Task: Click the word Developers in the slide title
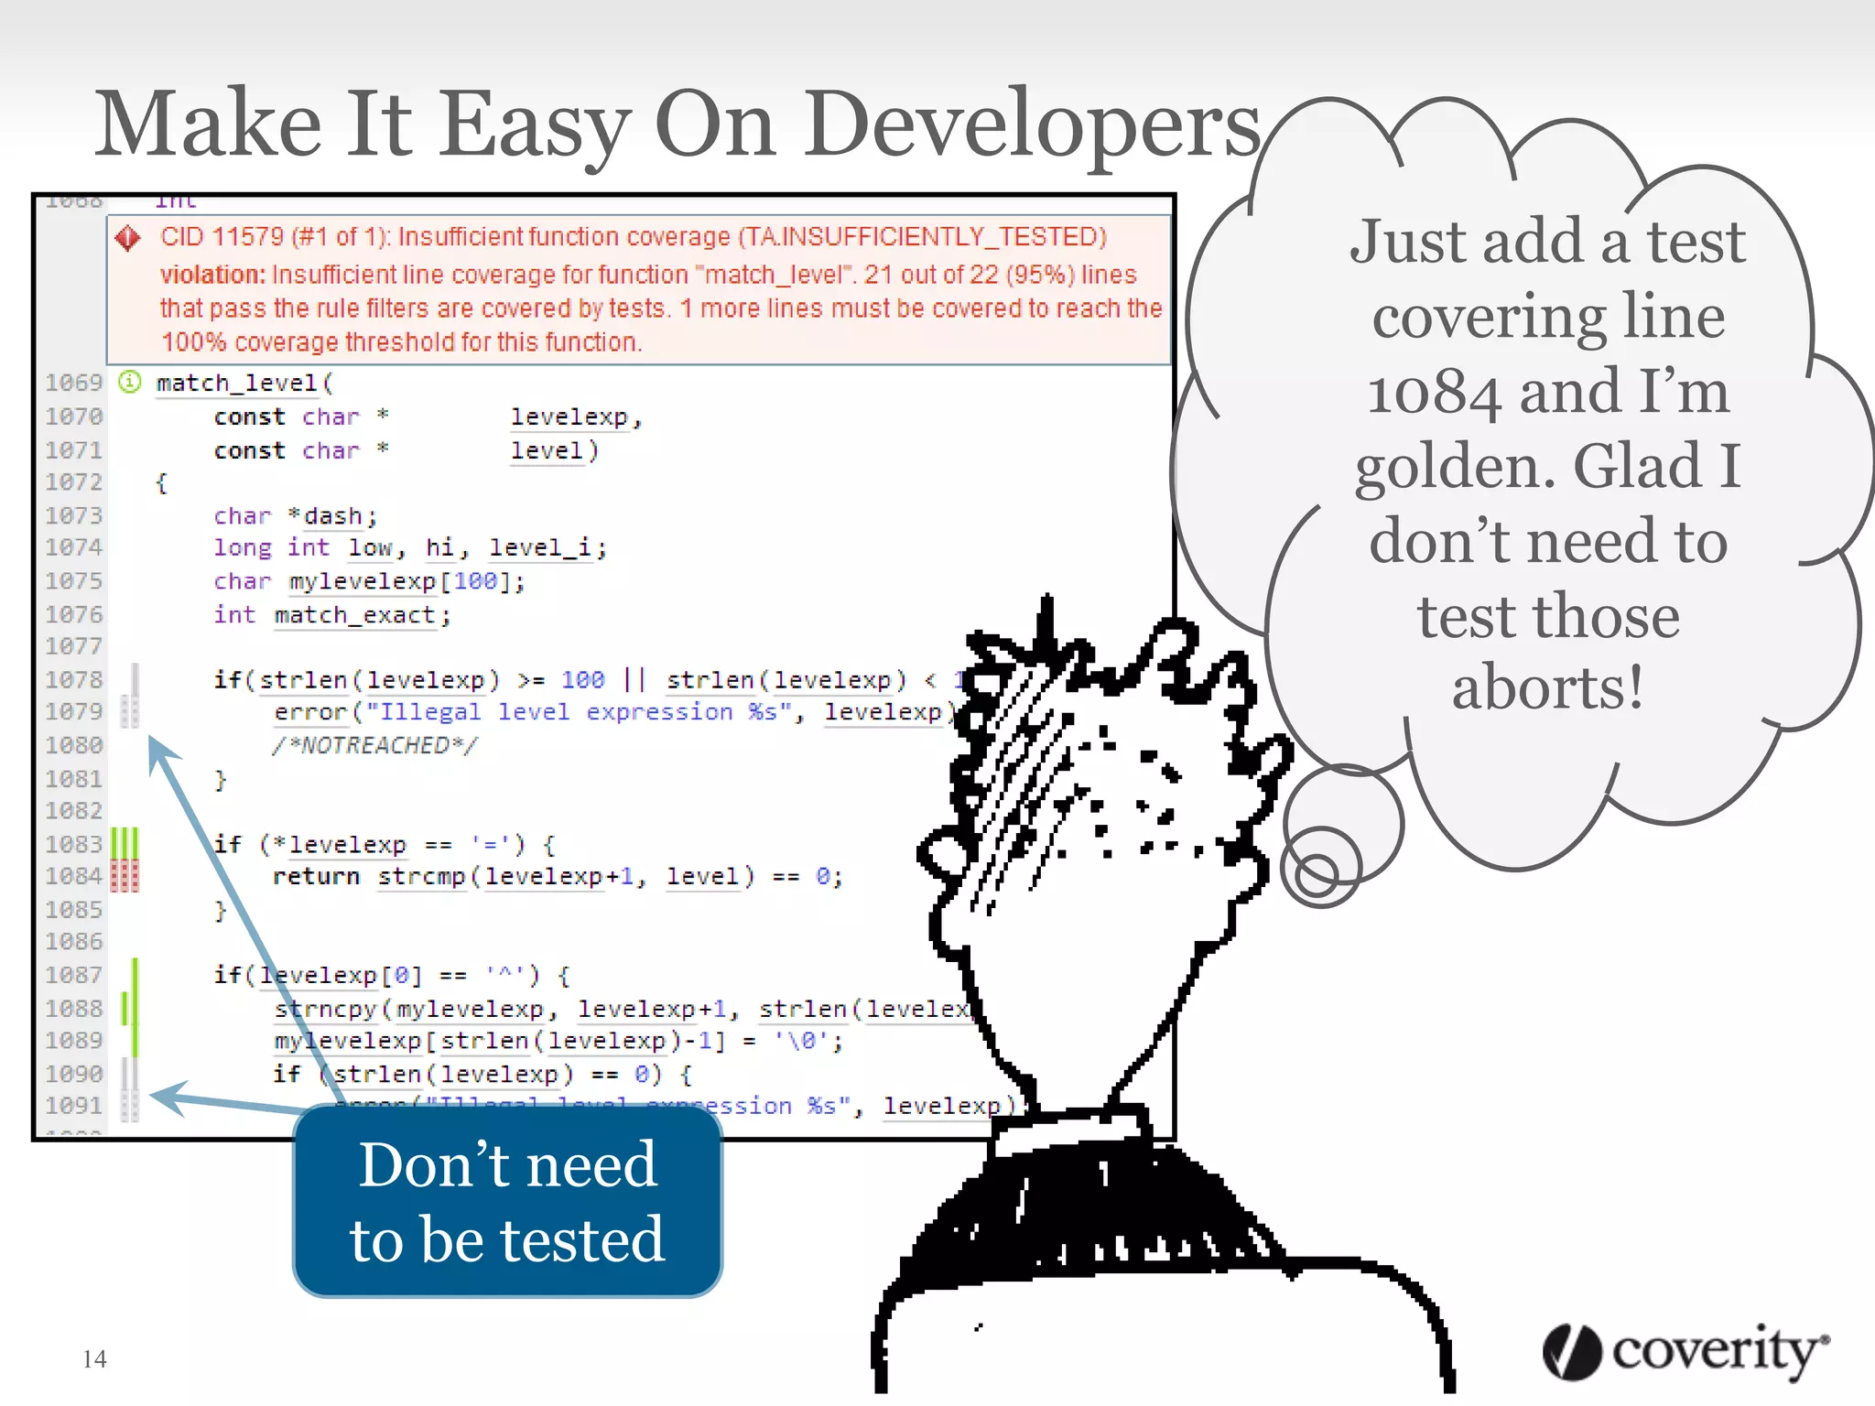pyautogui.click(x=1033, y=126)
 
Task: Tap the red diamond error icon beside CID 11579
pyautogui.click(x=128, y=239)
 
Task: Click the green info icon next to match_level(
pyautogui.click(x=130, y=382)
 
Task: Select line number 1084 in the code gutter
pyautogui.click(x=73, y=877)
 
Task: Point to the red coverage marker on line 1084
pyautogui.click(x=125, y=877)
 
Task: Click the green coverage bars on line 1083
pyautogui.click(x=125, y=843)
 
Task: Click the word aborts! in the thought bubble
pyautogui.click(x=1548, y=688)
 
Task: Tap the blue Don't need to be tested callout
pyautogui.click(x=507, y=1201)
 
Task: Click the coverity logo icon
pyautogui.click(x=1571, y=1351)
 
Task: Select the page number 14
pyautogui.click(x=94, y=1359)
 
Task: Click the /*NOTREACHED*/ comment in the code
pyautogui.click(x=374, y=746)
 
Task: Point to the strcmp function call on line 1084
pyautogui.click(x=422, y=877)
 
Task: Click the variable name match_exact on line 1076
pyautogui.click(x=353, y=615)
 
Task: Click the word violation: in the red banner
pyautogui.click(x=212, y=275)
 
